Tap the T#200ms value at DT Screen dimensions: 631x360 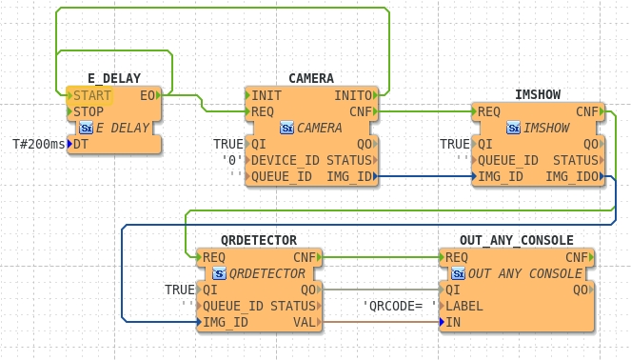tap(39, 144)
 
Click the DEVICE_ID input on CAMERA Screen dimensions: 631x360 tap(282, 160)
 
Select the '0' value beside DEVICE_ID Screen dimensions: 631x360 tap(232, 160)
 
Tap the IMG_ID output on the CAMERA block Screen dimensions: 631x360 tap(349, 176)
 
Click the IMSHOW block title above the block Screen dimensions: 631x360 tap(538, 94)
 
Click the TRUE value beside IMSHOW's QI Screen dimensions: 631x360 tap(454, 144)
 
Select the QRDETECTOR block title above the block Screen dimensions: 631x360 tap(259, 240)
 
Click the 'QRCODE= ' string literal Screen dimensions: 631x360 tap(400, 306)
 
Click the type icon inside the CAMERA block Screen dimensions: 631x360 tap(286, 128)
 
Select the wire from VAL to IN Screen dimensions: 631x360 tap(381, 322)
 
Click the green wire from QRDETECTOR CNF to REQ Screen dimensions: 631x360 tap(381, 257)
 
